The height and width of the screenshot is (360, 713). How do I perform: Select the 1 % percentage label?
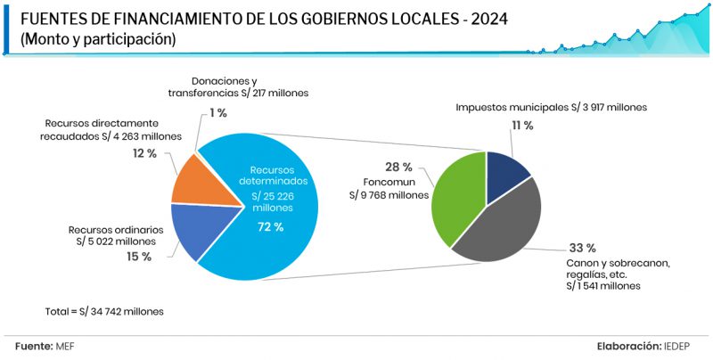[218, 113]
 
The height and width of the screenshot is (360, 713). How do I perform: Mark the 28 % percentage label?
[398, 167]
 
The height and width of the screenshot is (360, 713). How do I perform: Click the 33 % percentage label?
[581, 248]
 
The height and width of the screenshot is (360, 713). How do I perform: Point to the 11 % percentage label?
[522, 126]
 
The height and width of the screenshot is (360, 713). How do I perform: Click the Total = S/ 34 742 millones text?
[104, 312]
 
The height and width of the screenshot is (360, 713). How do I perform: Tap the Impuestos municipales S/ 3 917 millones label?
[551, 107]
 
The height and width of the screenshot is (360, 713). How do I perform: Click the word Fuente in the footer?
[33, 346]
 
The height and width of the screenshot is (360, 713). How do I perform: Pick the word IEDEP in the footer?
[676, 346]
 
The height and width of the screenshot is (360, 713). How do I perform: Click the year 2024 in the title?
[484, 19]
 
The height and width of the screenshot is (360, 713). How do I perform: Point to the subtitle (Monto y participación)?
[97, 39]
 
